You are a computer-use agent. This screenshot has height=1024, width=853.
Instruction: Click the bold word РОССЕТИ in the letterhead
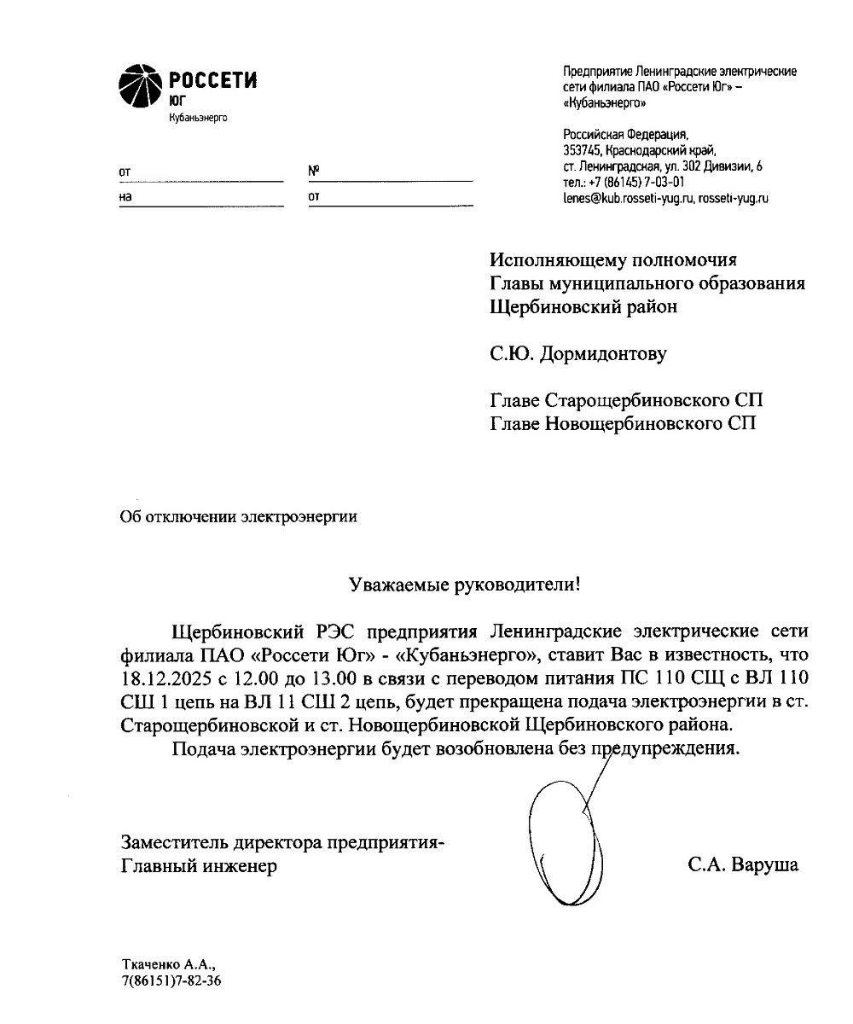(213, 82)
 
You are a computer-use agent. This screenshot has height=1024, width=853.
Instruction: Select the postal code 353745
(582, 151)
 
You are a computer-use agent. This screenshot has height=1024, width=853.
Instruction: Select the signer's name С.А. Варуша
(743, 865)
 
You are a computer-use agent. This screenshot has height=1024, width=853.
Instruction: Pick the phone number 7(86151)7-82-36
(171, 981)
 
